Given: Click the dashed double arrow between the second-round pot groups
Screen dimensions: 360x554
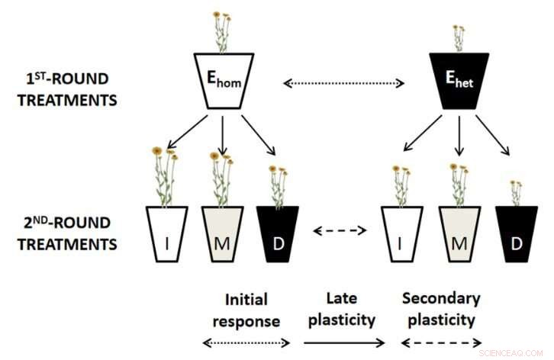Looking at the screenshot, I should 342,230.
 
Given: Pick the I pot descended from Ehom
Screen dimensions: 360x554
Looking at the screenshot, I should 166,234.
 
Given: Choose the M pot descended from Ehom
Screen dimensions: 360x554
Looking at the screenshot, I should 222,234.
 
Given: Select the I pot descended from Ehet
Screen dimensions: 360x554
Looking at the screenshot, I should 401,234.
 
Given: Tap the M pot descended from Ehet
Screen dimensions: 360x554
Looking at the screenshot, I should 458,234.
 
